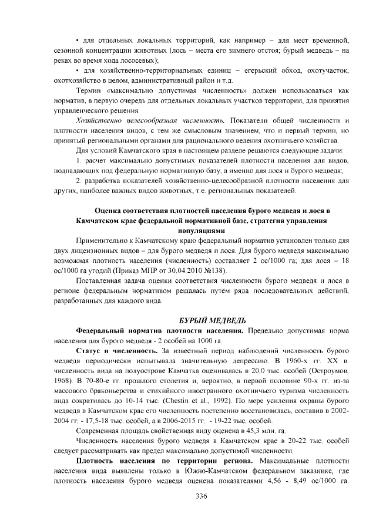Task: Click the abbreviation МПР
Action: (148, 270)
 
